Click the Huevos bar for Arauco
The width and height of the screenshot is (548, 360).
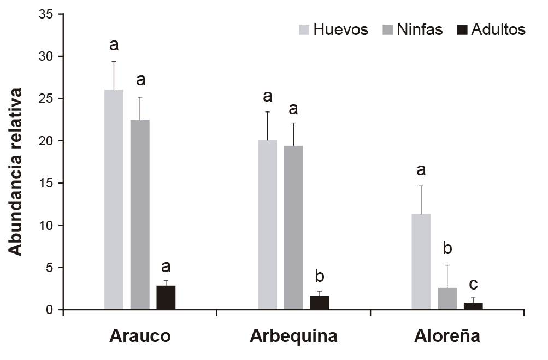114,200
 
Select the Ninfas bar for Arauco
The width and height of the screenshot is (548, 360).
140,215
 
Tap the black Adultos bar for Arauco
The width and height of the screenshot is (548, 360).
166,298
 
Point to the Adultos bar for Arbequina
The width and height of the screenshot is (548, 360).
320,303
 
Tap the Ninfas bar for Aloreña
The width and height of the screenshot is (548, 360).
447,299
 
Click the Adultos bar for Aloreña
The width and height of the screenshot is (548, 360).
473,306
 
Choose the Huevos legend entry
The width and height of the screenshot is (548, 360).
333,29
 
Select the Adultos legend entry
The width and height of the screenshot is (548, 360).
491,29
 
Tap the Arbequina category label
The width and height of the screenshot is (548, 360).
293,337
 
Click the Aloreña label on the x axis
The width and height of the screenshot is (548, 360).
447,337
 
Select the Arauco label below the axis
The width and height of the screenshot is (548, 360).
140,337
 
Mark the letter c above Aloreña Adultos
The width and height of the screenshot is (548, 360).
473,284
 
